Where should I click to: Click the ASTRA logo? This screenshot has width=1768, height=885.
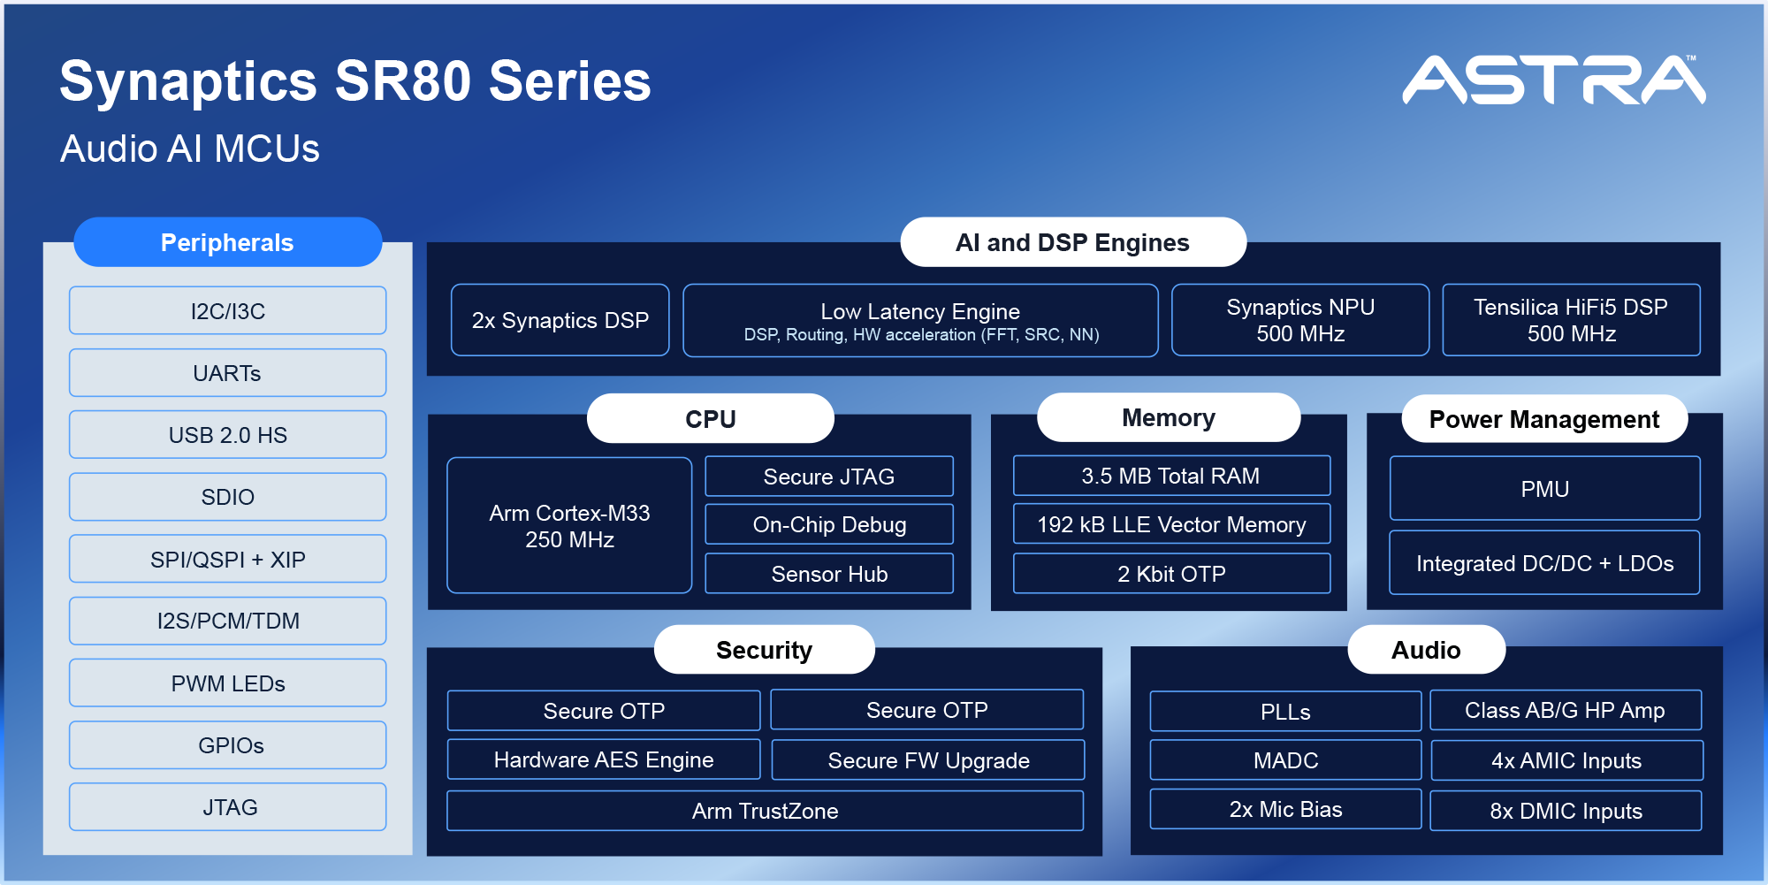1553,80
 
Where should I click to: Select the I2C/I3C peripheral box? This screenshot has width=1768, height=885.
227,311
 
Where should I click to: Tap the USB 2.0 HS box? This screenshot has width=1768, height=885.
227,435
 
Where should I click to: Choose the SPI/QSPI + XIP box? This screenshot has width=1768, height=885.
227,559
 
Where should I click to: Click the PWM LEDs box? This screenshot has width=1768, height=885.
227,683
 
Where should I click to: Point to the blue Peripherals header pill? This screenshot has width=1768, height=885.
227,242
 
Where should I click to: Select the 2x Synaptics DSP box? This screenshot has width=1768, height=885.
560,320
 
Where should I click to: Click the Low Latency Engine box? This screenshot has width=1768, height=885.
920,321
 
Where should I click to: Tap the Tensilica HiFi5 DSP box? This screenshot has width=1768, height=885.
1571,320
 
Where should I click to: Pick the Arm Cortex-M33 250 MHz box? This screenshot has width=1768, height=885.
569,526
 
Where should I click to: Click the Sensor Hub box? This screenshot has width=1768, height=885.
829,574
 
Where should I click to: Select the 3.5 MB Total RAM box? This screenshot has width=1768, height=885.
1171,476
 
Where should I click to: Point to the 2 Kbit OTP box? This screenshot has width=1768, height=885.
1171,574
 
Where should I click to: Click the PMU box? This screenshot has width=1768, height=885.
1544,489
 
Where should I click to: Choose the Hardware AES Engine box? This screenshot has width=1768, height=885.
604,759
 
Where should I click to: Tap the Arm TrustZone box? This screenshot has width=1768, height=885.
765,811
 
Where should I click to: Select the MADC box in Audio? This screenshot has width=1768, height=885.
1285,760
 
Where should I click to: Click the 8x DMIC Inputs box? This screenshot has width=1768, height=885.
1566,811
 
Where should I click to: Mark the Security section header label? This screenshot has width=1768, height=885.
764,650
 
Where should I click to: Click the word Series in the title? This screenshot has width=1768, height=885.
570,81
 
